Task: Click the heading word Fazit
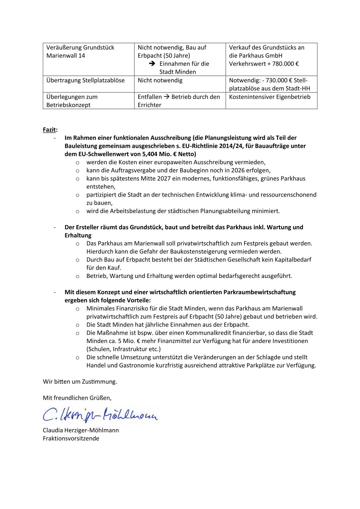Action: pos(49,130)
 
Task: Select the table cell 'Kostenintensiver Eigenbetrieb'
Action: pos(270,97)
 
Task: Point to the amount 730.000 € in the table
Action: pos(278,80)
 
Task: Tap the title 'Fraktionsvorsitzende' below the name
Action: pos(71,438)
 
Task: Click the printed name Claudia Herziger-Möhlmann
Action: pos(81,430)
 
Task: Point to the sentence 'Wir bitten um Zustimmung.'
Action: pos(80,381)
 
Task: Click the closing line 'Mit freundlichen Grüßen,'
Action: pos(77,398)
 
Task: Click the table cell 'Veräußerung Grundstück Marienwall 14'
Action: pos(80,51)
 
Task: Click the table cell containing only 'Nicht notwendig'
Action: pos(160,80)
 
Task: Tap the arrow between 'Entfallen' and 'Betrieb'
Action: pos(167,97)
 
